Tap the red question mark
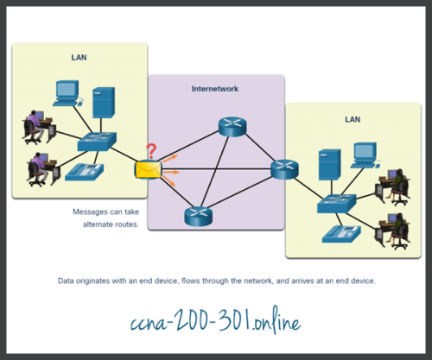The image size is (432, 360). pyautogui.click(x=151, y=151)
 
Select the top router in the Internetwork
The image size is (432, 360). pyautogui.click(x=229, y=126)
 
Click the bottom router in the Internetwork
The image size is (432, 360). pyautogui.click(x=196, y=217)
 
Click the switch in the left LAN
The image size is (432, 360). pyautogui.click(x=96, y=142)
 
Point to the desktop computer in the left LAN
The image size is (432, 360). pyautogui.click(x=67, y=92)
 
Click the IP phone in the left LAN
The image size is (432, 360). pyautogui.click(x=82, y=173)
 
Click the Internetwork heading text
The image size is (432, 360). pyautogui.click(x=215, y=88)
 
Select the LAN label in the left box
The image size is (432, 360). pyautogui.click(x=79, y=58)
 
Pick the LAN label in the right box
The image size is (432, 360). pyautogui.click(x=352, y=120)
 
